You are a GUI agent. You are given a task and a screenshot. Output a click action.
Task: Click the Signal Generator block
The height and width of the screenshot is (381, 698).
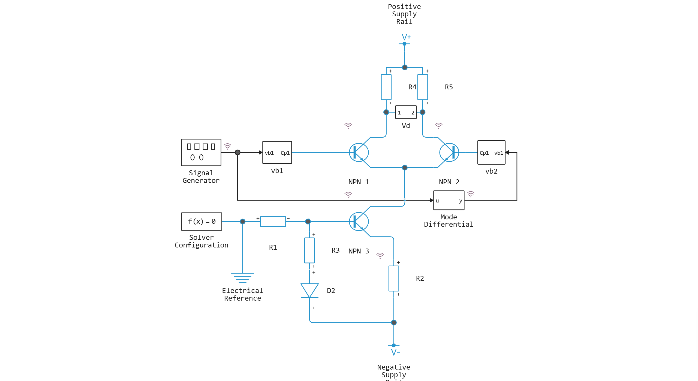(201, 152)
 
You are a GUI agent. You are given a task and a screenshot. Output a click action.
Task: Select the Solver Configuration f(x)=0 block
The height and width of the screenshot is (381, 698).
(201, 221)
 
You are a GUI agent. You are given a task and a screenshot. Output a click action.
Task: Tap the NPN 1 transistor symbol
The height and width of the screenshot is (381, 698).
(359, 152)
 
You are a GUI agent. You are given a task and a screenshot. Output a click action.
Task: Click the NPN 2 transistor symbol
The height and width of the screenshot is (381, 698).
(449, 152)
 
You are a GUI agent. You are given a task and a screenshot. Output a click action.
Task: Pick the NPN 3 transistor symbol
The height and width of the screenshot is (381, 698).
(359, 221)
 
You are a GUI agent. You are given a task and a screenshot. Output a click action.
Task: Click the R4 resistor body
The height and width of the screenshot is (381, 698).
(386, 87)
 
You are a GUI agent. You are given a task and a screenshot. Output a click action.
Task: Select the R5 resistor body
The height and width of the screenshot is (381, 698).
(422, 87)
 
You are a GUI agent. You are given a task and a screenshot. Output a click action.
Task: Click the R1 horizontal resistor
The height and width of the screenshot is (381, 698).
(273, 222)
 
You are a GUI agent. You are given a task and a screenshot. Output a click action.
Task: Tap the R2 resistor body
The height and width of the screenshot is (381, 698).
(394, 278)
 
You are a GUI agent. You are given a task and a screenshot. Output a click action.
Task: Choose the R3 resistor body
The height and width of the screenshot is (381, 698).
(309, 250)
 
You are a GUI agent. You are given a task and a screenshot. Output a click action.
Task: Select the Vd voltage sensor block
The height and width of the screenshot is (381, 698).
(406, 112)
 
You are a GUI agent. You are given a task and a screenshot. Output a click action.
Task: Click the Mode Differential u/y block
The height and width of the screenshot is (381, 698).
(449, 200)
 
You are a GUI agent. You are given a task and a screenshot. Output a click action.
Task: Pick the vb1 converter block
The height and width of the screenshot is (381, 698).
(277, 152)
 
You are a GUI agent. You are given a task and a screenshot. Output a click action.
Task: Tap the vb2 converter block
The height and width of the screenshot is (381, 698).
(491, 152)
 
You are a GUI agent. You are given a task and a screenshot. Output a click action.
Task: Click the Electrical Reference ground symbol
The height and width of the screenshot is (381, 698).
(242, 277)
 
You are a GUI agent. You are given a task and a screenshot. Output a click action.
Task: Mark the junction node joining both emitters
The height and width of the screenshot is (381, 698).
(405, 168)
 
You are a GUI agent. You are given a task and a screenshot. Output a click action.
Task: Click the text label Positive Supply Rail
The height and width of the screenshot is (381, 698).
(404, 14)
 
